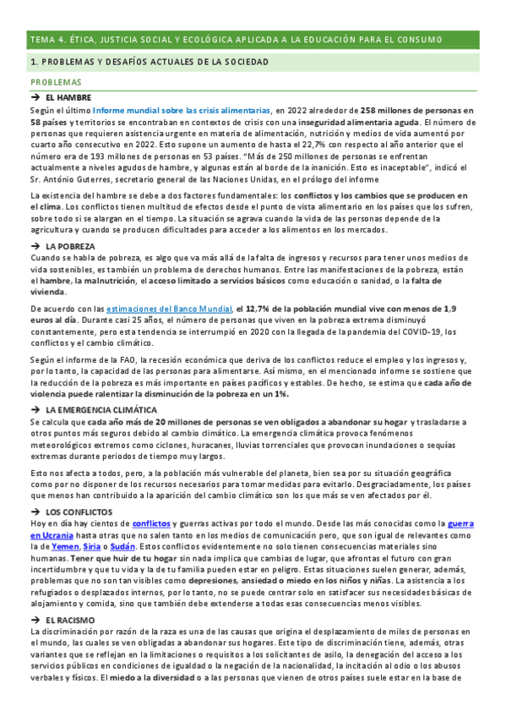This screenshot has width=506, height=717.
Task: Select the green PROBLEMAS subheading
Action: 56,83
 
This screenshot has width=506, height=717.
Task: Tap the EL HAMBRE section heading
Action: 74,99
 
